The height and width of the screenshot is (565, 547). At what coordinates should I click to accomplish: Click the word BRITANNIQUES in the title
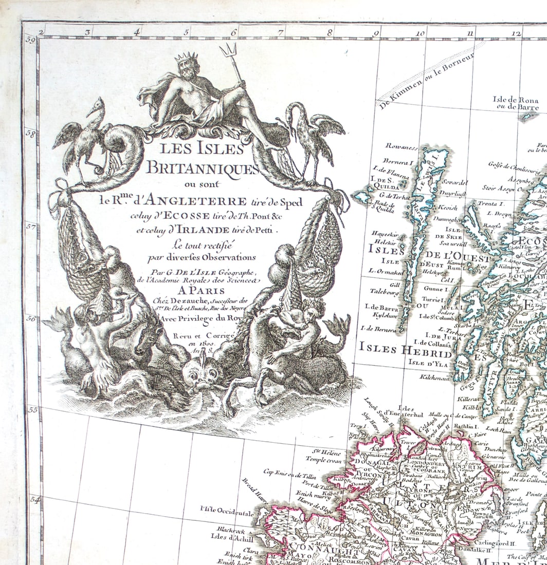coord(202,167)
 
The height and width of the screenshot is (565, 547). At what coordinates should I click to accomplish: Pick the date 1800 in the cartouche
coord(198,343)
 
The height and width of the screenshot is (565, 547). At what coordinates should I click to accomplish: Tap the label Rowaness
coord(401,147)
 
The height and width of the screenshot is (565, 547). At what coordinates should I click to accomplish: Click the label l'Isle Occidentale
coord(227,512)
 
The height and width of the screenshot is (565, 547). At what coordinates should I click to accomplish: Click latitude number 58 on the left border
coord(30,134)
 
